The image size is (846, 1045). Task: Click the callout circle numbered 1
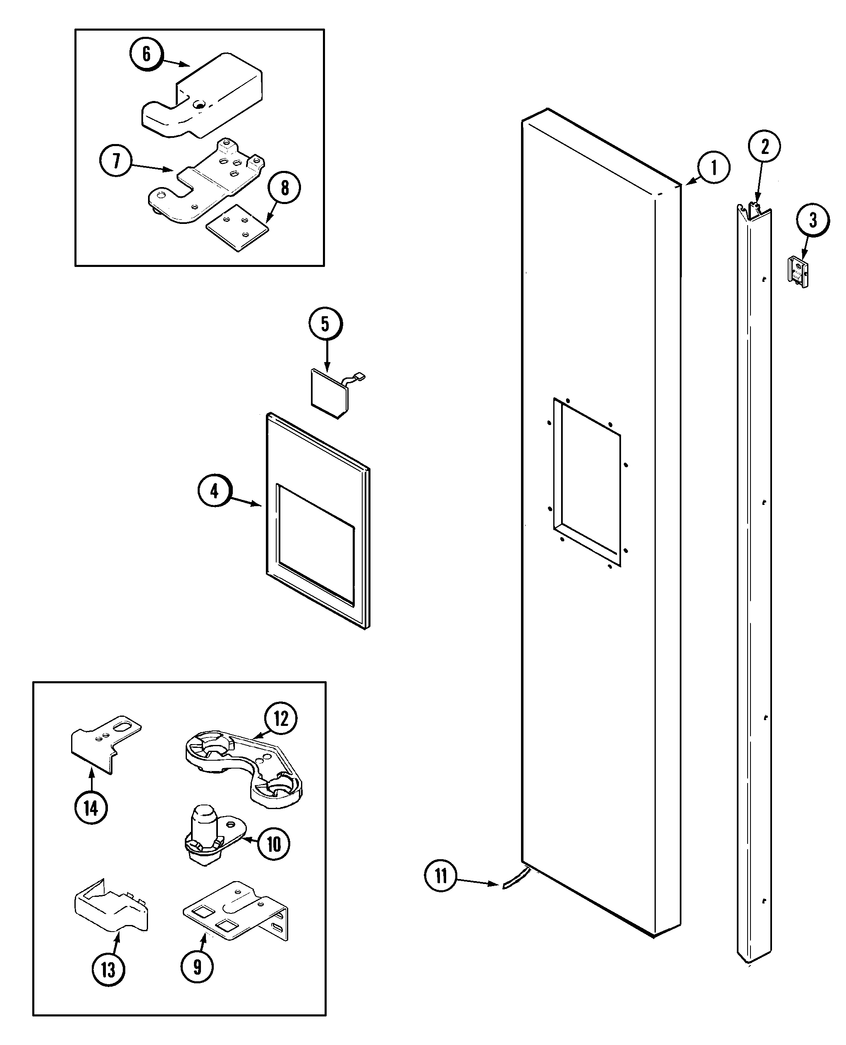click(x=713, y=167)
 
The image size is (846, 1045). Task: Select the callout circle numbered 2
click(x=764, y=146)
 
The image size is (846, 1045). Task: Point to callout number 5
click(x=325, y=324)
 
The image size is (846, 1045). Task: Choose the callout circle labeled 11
click(x=440, y=876)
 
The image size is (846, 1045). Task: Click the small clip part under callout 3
click(x=798, y=272)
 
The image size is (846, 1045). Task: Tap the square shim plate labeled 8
click(x=238, y=227)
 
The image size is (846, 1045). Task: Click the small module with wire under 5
click(x=330, y=393)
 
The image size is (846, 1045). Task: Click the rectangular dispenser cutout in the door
click(x=587, y=483)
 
